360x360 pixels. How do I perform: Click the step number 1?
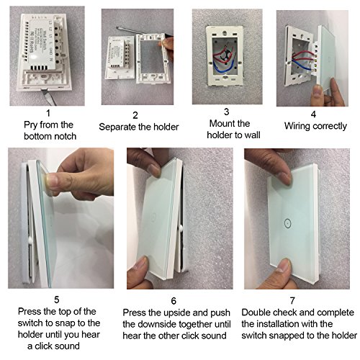[x=48, y=113]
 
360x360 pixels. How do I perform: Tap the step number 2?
[x=135, y=115]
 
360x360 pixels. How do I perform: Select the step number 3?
[x=226, y=112]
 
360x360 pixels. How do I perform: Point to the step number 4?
[x=313, y=114]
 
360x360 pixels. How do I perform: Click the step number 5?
[x=57, y=300]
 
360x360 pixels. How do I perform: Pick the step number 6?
[x=174, y=301]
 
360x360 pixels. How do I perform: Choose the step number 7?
[x=292, y=301]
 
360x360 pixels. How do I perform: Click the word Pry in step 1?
[x=31, y=125]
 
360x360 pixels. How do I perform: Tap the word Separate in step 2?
[x=117, y=127]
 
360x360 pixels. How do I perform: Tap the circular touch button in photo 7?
[x=287, y=223]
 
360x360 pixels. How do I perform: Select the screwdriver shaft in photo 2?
[x=139, y=31]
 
